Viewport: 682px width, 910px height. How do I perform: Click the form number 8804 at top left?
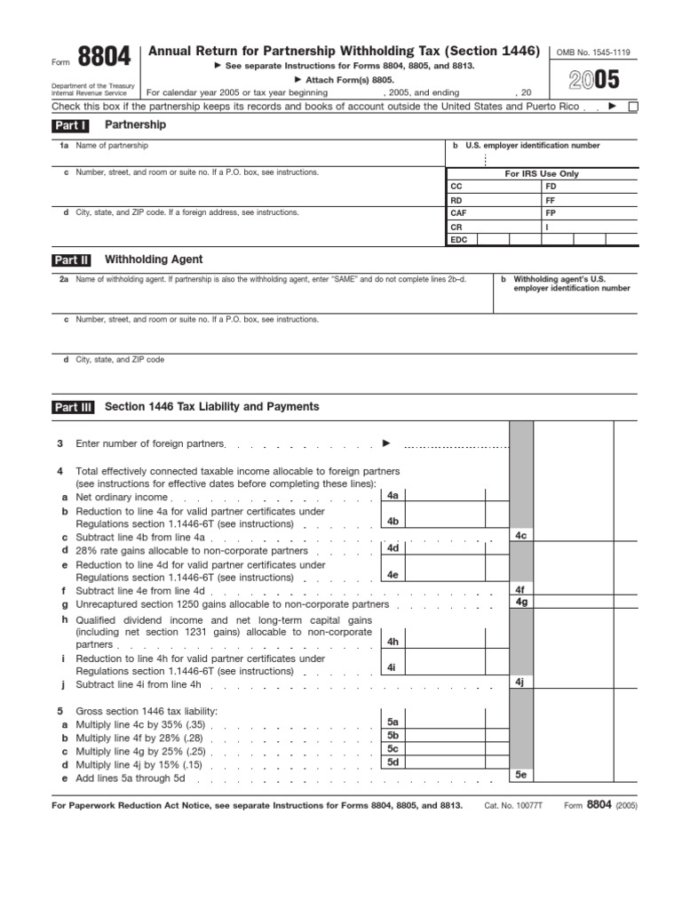click(x=104, y=60)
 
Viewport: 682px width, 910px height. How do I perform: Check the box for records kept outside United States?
click(x=633, y=108)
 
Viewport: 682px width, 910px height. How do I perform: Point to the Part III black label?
click(x=73, y=407)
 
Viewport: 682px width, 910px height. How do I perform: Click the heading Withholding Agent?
click(x=154, y=259)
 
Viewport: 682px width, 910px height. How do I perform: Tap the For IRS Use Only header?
click(x=542, y=174)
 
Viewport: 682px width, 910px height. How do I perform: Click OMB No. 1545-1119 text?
click(x=592, y=52)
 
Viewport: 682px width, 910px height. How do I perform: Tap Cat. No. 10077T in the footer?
click(x=513, y=805)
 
